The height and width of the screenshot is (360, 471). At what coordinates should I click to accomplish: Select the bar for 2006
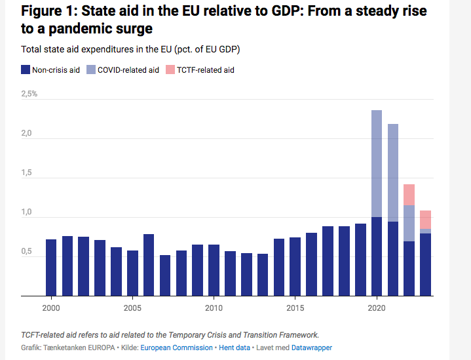click(148, 265)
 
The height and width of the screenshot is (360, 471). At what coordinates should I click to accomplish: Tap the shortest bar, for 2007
click(164, 275)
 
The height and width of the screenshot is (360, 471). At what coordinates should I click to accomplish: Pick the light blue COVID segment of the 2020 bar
click(376, 163)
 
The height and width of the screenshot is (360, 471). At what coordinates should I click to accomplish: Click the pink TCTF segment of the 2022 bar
click(409, 195)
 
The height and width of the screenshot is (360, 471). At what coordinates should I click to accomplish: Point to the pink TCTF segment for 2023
click(425, 220)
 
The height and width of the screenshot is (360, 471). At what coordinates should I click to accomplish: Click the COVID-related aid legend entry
click(123, 70)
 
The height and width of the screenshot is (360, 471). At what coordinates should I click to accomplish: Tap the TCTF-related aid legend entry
click(200, 70)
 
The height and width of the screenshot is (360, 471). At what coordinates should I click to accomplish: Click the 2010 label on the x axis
click(213, 308)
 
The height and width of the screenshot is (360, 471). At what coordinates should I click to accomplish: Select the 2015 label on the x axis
click(295, 308)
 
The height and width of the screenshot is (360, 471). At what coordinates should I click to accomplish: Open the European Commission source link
click(177, 348)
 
